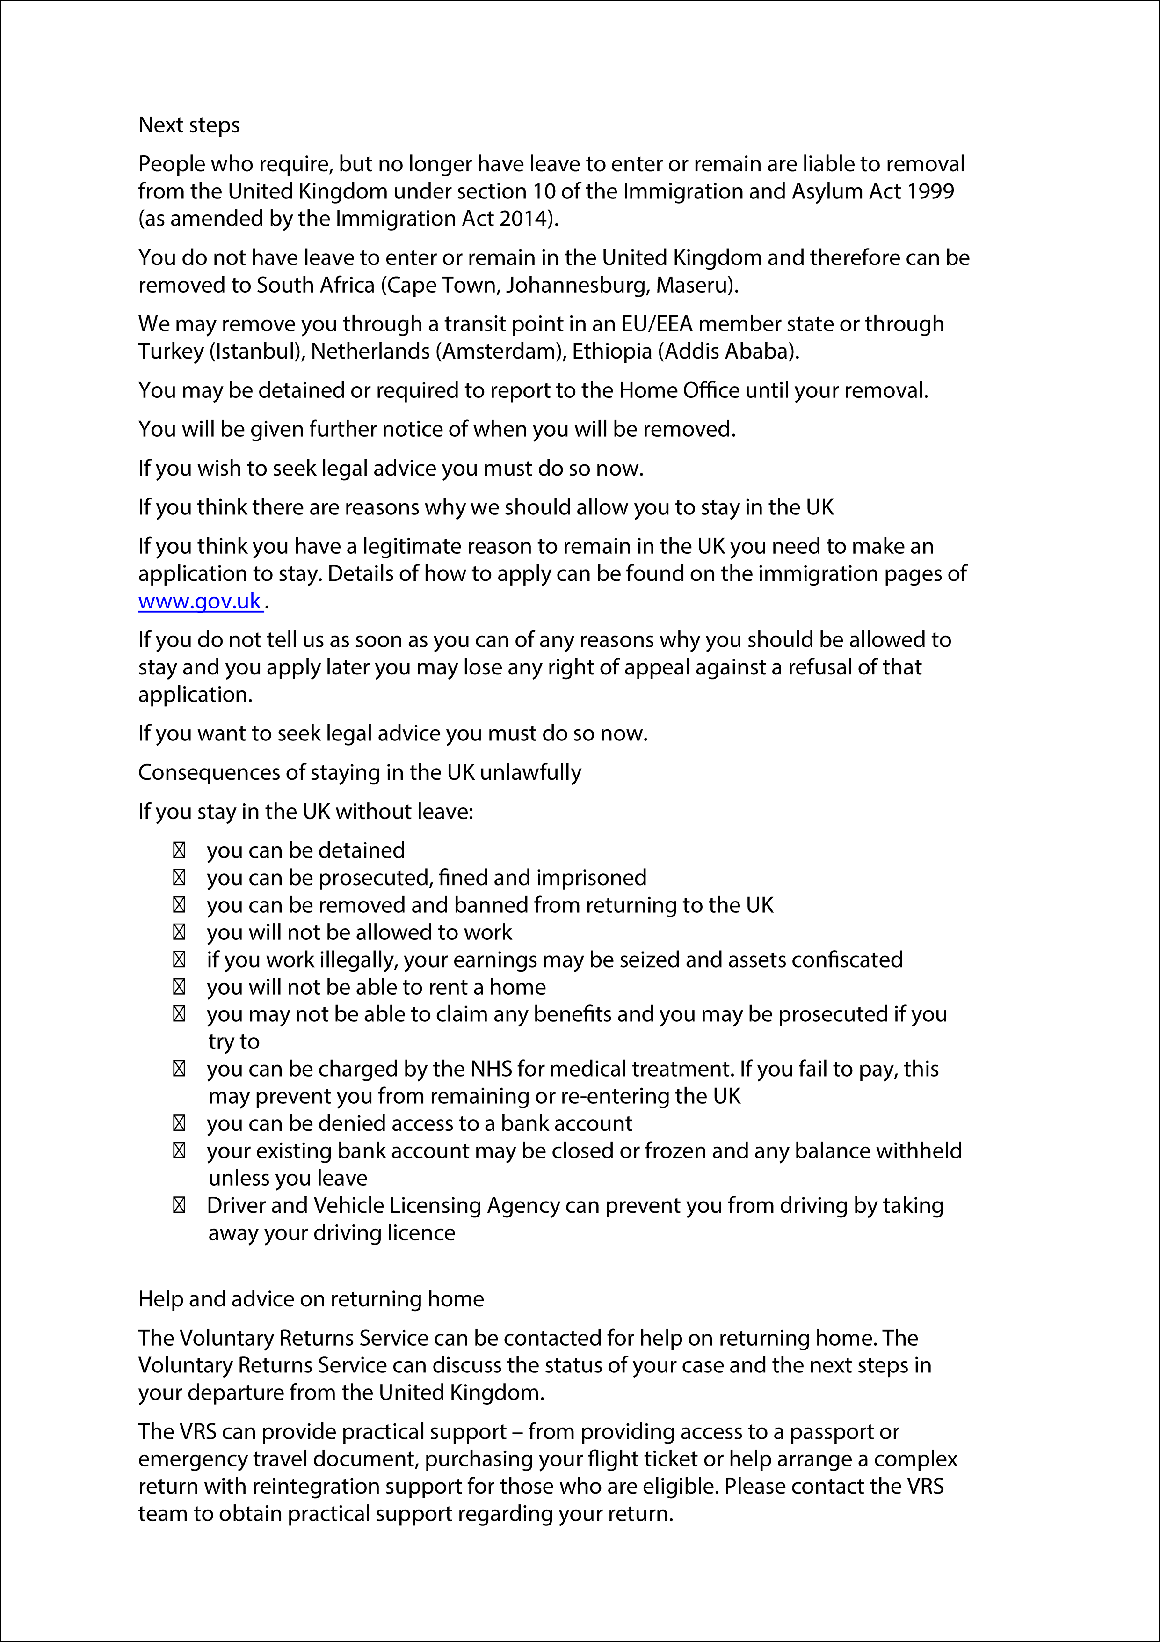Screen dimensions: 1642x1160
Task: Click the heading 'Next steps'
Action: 188,125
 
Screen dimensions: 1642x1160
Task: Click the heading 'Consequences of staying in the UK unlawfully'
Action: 360,772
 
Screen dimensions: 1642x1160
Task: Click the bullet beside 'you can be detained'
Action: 179,850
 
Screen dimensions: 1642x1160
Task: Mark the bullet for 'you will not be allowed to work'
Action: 179,932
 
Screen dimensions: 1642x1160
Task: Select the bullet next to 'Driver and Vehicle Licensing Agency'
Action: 179,1206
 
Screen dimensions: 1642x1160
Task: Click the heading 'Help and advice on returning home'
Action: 311,1299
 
